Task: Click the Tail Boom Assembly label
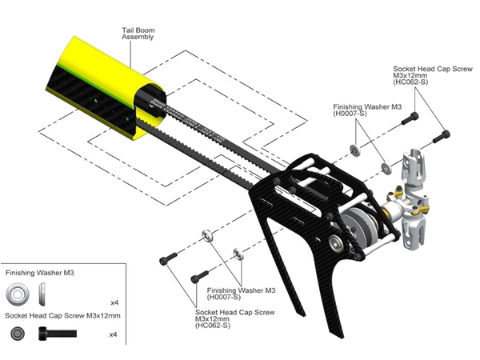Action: click(138, 34)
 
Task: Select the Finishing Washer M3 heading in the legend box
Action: click(39, 273)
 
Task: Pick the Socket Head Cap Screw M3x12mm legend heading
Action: click(62, 316)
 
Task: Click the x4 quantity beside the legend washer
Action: click(114, 302)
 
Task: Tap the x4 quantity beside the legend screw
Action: click(113, 334)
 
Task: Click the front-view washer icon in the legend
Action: click(18, 294)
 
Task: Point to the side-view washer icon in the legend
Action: click(42, 294)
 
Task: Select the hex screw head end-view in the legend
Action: click(18, 334)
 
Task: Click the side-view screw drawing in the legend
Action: click(58, 334)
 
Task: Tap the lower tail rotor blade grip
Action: click(414, 230)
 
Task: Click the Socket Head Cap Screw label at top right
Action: click(433, 75)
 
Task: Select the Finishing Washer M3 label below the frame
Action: click(242, 294)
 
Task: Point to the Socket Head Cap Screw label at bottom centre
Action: click(234, 318)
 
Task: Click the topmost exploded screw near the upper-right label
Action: click(410, 118)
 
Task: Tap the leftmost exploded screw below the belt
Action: click(168, 258)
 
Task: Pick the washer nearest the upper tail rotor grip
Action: click(386, 168)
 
